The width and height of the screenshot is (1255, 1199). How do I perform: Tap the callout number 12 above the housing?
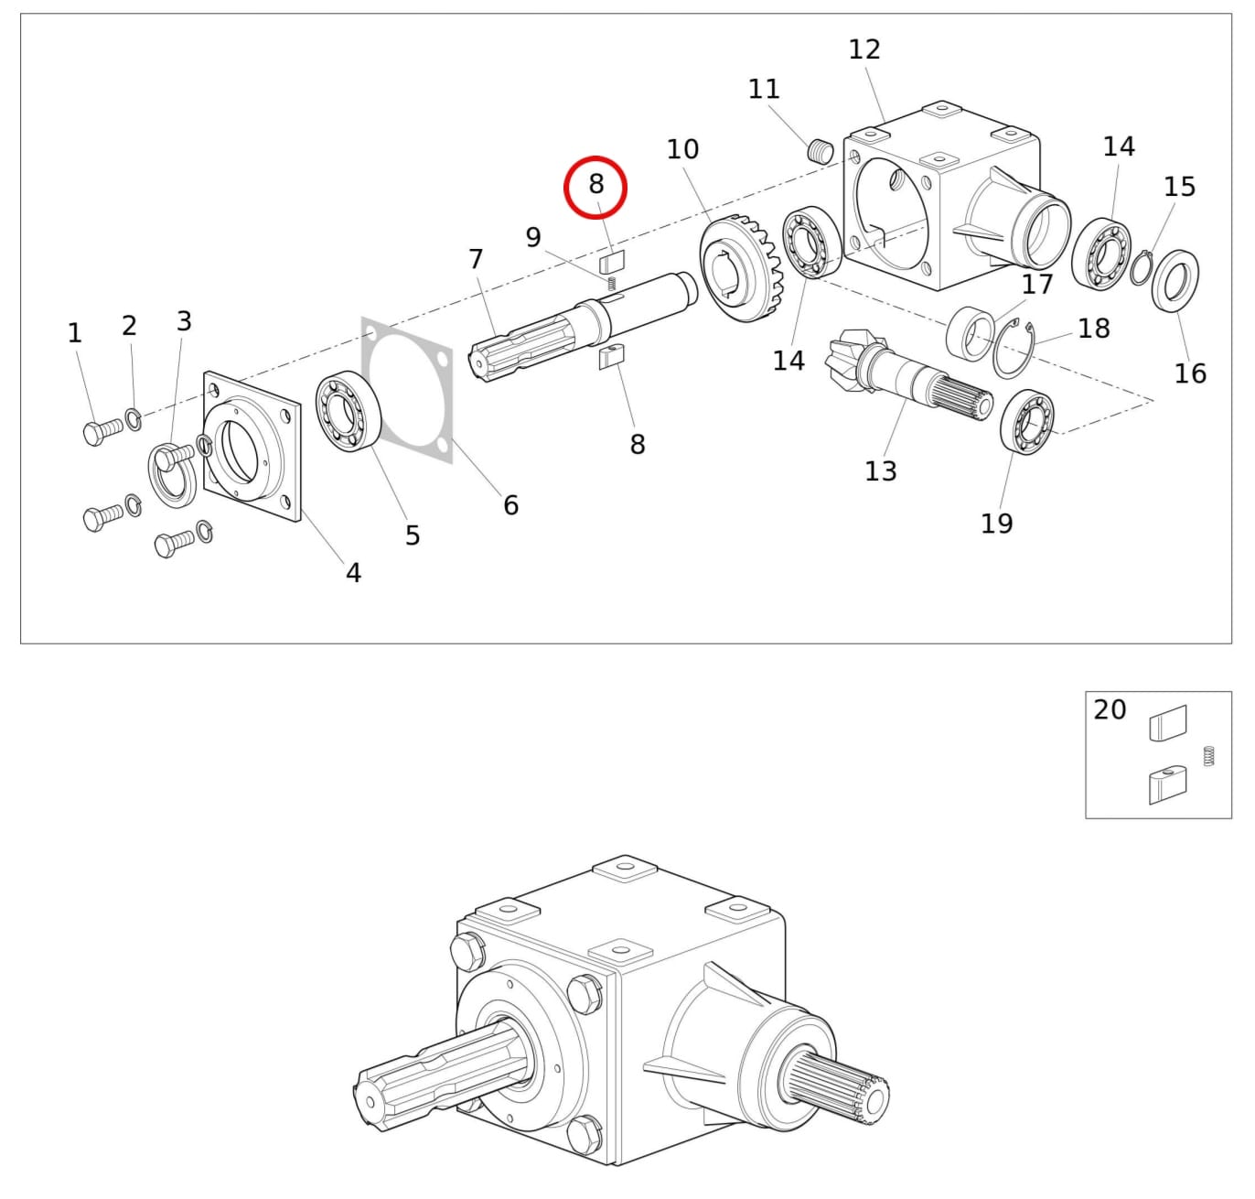click(x=864, y=49)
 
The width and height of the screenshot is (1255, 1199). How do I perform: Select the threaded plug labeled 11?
click(x=820, y=151)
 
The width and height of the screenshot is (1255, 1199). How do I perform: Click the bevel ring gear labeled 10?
click(x=741, y=267)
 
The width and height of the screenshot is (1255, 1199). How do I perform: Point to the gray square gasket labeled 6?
click(x=407, y=391)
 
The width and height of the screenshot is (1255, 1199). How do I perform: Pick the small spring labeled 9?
click(x=612, y=283)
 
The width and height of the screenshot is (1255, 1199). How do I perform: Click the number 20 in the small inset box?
click(x=1110, y=710)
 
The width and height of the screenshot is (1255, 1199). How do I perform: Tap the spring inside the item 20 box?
click(x=1208, y=756)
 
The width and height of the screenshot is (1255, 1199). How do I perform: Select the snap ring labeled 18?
click(x=1014, y=349)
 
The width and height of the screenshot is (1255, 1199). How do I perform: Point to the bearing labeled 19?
click(x=1026, y=422)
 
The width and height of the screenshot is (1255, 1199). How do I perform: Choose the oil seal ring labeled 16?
click(x=1175, y=281)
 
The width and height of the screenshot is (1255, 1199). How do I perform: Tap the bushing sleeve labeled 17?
click(x=970, y=333)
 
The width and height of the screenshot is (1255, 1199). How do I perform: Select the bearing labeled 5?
click(x=349, y=411)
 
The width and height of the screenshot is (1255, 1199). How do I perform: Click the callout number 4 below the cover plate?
click(x=353, y=572)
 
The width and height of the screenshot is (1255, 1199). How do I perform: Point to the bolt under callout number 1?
click(x=103, y=430)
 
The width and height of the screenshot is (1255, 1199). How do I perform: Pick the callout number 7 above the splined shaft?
click(x=476, y=259)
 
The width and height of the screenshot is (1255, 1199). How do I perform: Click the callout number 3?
click(x=185, y=320)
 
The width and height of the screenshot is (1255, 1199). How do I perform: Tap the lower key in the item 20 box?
click(x=1167, y=784)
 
